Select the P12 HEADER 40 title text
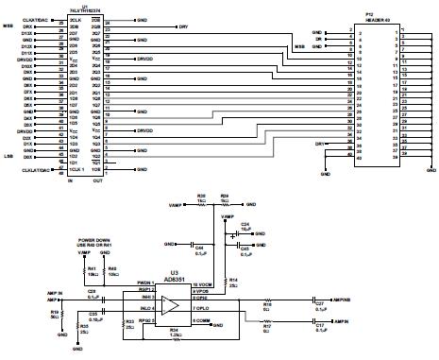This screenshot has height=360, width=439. tap(370, 18)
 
